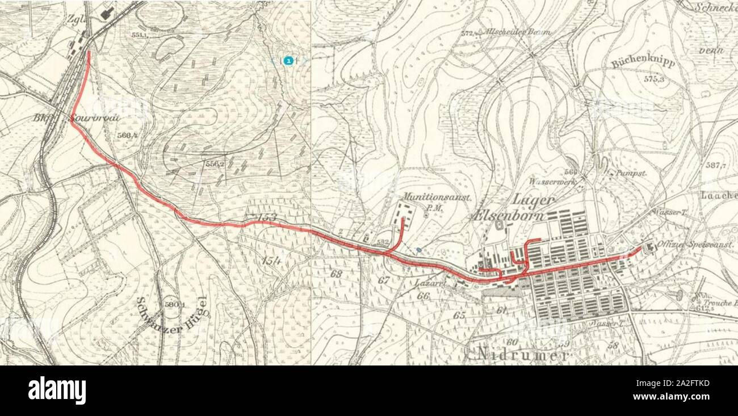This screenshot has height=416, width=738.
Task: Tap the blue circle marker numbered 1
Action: point(289,60)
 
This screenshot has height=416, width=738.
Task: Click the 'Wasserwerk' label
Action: point(552,182)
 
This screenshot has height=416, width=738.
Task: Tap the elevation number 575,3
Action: point(653,80)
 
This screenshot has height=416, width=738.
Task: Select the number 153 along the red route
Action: point(266,217)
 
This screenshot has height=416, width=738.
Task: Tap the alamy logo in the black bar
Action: point(57,390)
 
